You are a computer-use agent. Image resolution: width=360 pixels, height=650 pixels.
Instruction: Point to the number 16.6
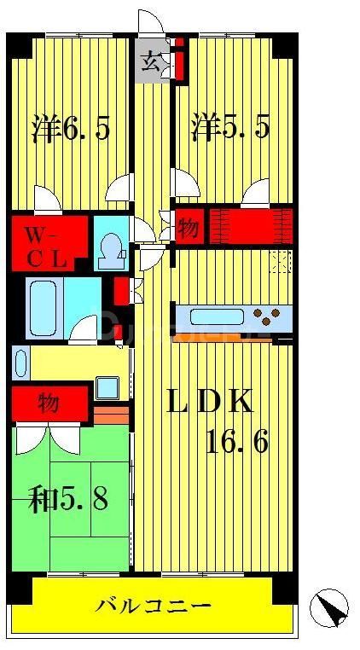click(x=238, y=442)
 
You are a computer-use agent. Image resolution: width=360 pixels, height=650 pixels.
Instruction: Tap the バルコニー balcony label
click(x=154, y=608)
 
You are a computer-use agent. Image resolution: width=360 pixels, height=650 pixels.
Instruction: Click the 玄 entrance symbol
click(x=150, y=64)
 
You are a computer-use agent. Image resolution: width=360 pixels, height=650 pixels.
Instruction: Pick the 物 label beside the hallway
click(x=188, y=229)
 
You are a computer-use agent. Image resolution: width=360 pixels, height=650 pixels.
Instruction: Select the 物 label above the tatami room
click(x=48, y=403)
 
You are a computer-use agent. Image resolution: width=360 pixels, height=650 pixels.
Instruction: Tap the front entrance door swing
click(x=150, y=24)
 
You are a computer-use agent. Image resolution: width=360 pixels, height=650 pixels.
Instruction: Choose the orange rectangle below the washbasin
click(x=108, y=415)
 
